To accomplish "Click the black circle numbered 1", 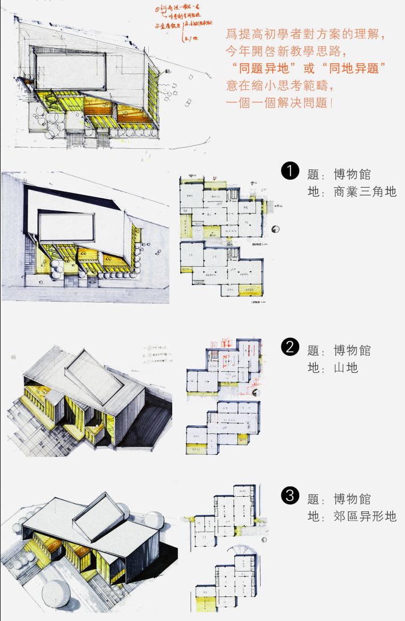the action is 291,171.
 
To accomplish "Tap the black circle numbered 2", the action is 291,347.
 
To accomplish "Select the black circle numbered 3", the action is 291,496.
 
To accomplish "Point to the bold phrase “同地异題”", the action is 354,68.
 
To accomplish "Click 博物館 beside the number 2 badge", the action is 352,350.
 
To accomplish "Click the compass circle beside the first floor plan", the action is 276,229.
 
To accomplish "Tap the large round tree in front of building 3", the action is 55,595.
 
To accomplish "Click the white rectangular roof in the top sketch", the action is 70,72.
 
